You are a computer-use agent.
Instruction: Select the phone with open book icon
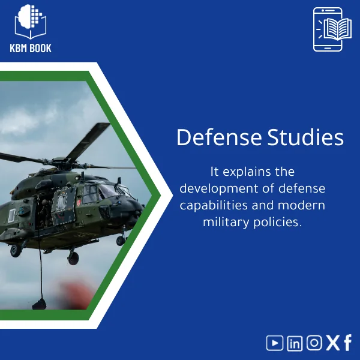point(328,29)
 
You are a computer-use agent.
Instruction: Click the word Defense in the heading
point(218,137)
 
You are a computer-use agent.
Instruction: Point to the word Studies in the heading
point(305,137)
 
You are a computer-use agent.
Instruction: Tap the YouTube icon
point(275,343)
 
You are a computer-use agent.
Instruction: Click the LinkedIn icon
point(295,343)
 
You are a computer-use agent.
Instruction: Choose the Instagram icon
point(314,343)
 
